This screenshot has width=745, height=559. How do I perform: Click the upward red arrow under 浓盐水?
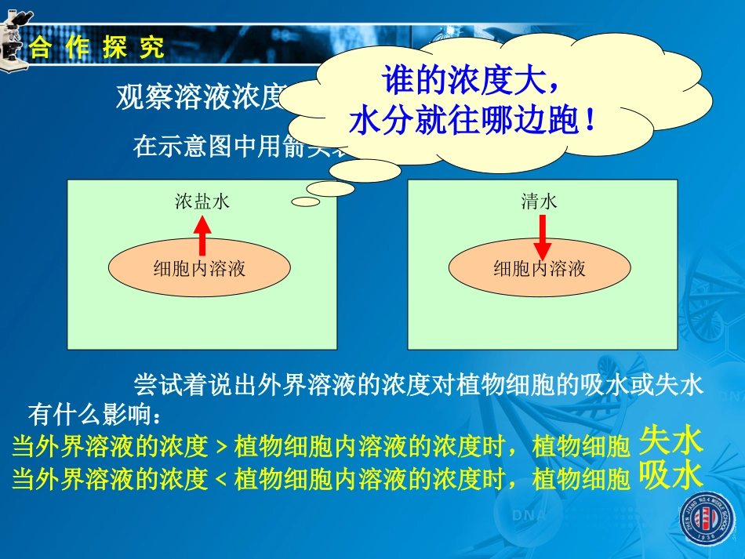(202, 235)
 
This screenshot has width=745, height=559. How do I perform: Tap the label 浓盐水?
(202, 202)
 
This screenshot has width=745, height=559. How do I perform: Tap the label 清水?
(540, 202)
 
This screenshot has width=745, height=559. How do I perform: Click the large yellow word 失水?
(670, 442)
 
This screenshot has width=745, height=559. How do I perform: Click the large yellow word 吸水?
(670, 474)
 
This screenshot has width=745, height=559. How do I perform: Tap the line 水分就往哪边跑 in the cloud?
(473, 122)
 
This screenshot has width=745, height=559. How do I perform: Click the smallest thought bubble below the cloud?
(305, 201)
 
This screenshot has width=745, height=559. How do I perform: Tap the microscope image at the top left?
(14, 43)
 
